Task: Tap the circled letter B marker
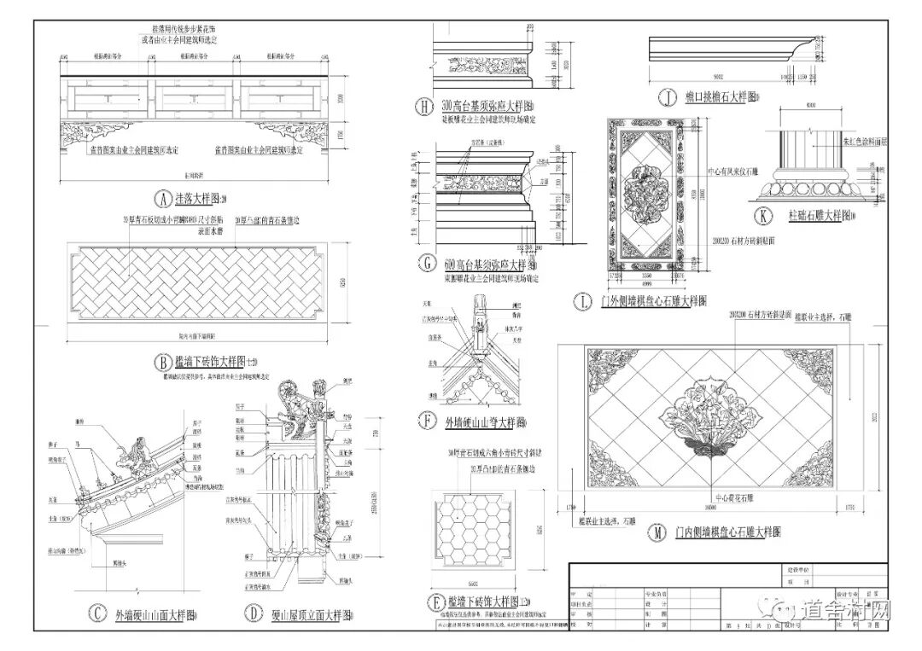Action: [160, 360]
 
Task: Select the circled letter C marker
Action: [100, 613]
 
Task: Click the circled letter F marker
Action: [428, 421]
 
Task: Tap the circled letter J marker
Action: [667, 98]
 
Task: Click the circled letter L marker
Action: [584, 300]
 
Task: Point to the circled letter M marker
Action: [656, 532]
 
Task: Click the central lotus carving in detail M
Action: [709, 427]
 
